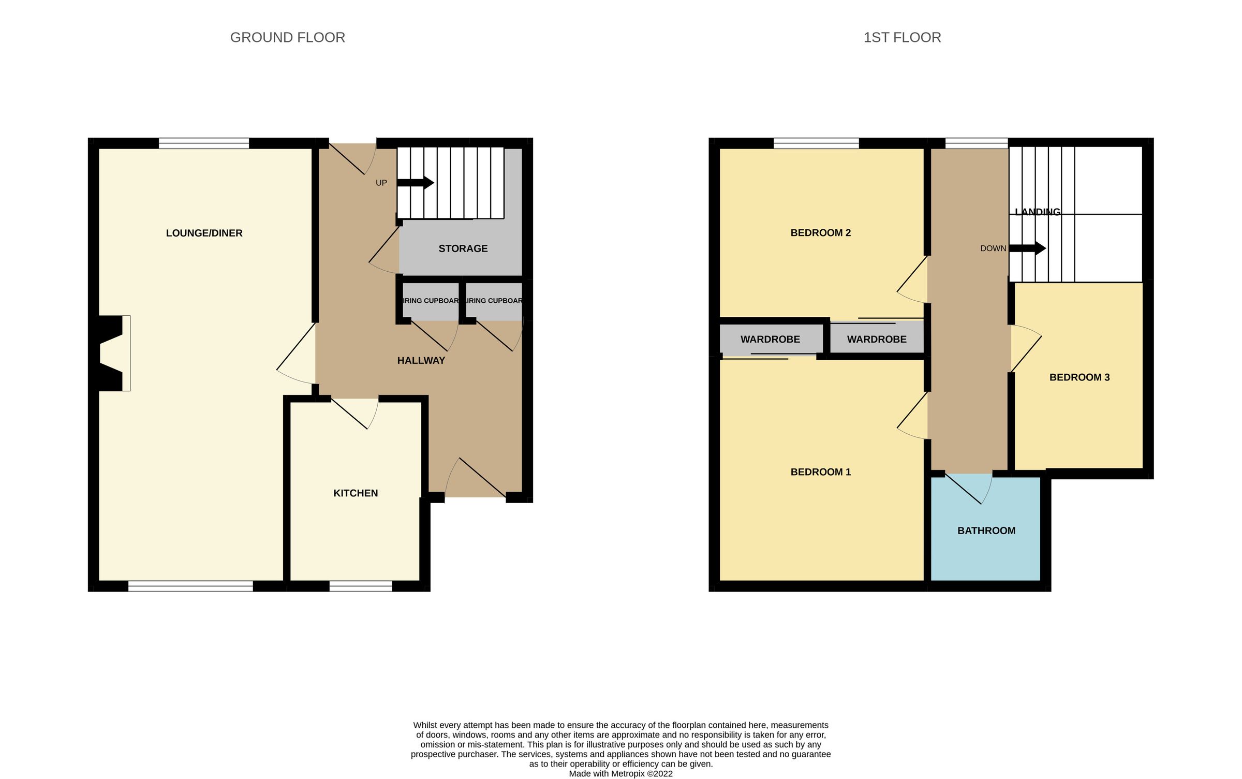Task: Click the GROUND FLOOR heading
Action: coord(287,38)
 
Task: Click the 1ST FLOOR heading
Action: coord(902,38)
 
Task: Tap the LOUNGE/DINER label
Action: coord(204,233)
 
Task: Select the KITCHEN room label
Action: coord(356,493)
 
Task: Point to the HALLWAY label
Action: coord(421,361)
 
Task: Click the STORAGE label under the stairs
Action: coord(463,249)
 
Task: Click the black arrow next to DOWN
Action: coord(1027,248)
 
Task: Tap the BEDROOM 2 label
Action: coord(820,233)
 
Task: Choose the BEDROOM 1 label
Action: coord(820,472)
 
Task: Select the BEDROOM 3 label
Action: coord(1079,377)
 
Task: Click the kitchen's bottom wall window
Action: coord(361,586)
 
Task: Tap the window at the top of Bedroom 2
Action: coord(816,143)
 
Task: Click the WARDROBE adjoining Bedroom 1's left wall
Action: coord(770,340)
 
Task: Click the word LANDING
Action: coord(1037,212)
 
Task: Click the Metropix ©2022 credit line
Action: coord(620,774)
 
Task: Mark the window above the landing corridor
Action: coord(976,143)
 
